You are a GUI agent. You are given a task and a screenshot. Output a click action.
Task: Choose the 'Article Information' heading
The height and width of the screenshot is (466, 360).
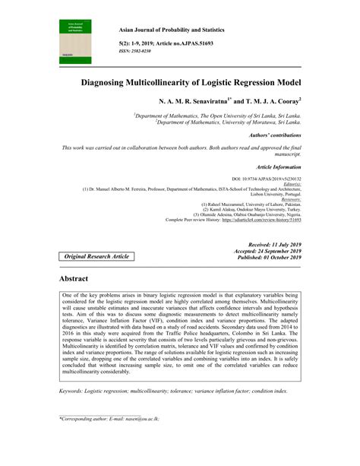(x=279, y=166)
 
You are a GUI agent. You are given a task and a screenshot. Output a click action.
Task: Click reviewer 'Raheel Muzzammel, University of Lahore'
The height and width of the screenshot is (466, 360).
(x=251, y=204)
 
